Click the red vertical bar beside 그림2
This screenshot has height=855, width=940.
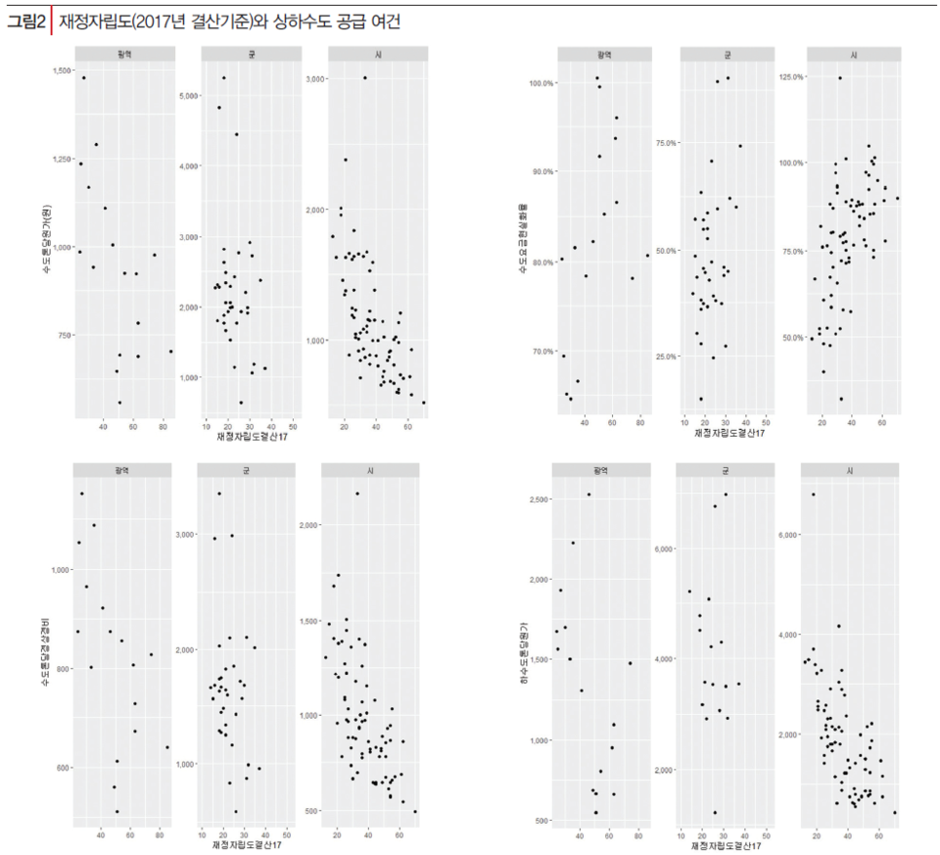click(x=51, y=22)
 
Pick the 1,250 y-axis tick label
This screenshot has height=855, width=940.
click(x=57, y=160)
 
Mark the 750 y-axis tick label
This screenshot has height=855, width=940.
click(x=61, y=335)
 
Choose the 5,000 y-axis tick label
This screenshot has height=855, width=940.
click(x=186, y=95)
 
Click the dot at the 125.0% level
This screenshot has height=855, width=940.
click(x=839, y=78)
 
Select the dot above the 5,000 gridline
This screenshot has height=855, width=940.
click(x=223, y=78)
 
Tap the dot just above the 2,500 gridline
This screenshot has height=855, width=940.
click(x=588, y=495)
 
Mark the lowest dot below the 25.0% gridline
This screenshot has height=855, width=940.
click(x=700, y=399)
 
